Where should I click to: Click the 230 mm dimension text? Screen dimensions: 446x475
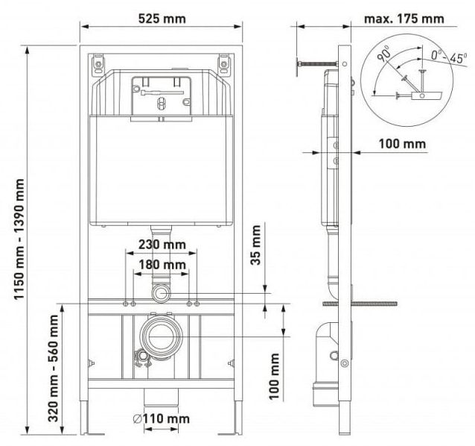161,245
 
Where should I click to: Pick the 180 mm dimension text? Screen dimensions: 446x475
161,265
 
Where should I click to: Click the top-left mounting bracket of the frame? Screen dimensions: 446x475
99,64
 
